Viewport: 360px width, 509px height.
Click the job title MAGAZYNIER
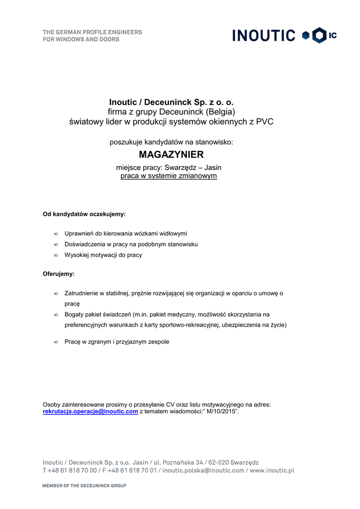point(171,155)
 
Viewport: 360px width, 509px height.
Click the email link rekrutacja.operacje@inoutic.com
point(90,412)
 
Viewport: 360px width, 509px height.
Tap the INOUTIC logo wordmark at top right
point(264,35)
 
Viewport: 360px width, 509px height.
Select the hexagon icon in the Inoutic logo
point(319,35)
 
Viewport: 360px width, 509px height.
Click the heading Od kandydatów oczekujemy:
point(84,214)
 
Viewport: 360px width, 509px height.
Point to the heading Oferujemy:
point(59,274)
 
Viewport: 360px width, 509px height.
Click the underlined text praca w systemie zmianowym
point(169,175)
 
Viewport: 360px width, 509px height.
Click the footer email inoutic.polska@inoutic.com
point(203,470)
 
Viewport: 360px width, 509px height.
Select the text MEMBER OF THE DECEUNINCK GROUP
point(84,486)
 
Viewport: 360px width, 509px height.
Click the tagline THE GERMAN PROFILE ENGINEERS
point(92,32)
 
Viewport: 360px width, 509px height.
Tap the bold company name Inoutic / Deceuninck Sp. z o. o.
point(171,102)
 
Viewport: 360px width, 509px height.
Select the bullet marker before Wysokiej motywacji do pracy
point(56,255)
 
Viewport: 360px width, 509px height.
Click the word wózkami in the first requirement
point(147,233)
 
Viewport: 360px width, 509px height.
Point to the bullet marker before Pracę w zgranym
point(56,342)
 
